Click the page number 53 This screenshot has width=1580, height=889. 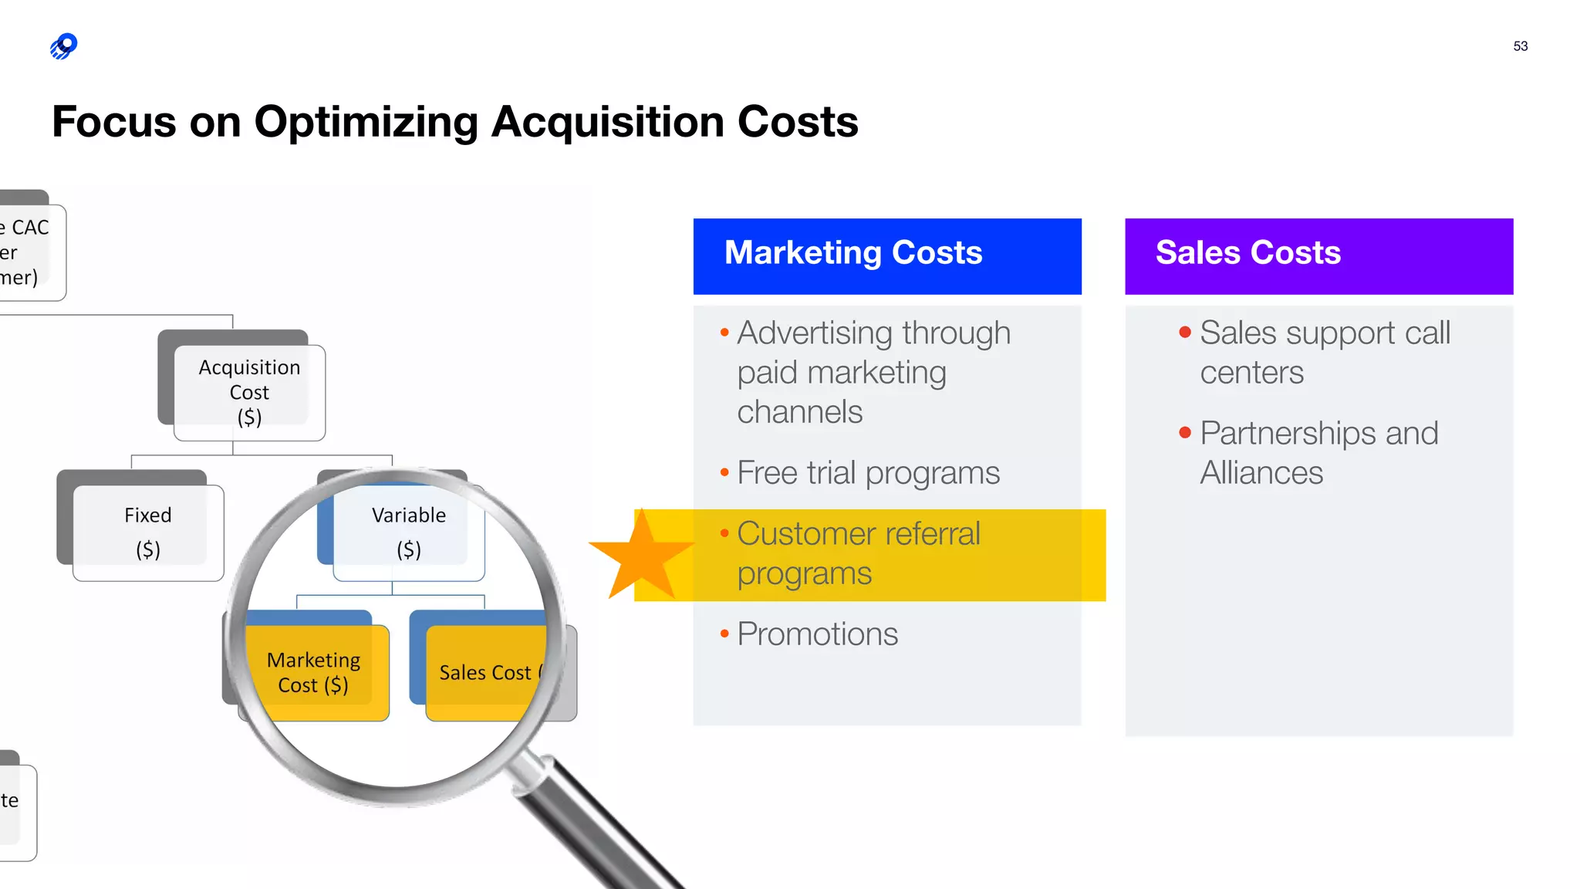point(1520,46)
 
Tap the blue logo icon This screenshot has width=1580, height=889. point(64,46)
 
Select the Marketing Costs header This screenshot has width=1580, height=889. point(886,255)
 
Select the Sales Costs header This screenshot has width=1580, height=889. point(1318,255)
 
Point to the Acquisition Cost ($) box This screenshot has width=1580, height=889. point(248,392)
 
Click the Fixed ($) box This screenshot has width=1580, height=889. point(147,532)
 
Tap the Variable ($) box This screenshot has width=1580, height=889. point(408,532)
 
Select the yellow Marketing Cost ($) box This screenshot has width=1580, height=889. point(313,672)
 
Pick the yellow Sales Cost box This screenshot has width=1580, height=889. point(487,672)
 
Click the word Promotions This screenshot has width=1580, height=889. point(817,634)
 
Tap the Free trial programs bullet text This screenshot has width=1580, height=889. point(868,473)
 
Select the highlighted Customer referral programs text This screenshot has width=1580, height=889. point(858,553)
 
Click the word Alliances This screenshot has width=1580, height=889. point(1261,473)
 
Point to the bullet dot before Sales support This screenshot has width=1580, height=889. point(1185,333)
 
